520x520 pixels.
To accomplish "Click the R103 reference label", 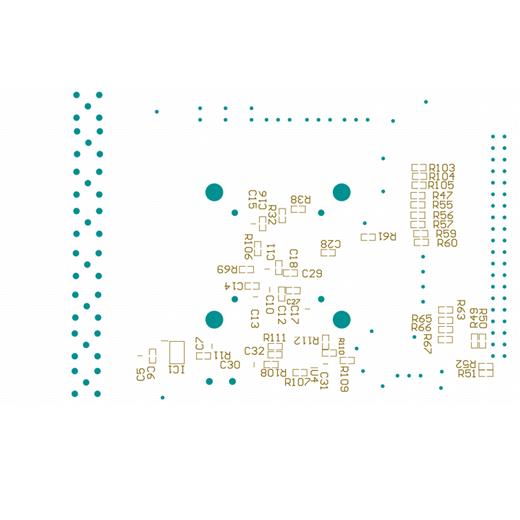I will tap(442, 168).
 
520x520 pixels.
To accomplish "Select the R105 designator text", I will tap(442, 186).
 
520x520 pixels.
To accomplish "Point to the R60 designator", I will tap(447, 243).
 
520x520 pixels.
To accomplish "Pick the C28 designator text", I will tap(331, 244).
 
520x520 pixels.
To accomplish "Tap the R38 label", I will tap(301, 199).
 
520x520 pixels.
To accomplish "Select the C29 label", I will tap(312, 274).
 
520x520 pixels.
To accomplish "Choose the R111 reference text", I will tap(274, 338).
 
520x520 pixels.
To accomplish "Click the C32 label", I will tap(254, 351).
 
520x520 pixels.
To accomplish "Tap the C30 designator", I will tap(230, 365).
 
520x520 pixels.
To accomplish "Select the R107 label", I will tap(297, 382).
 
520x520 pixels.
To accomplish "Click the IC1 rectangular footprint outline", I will tap(177, 351).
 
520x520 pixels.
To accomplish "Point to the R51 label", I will tap(467, 373).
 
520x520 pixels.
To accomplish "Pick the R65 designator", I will tap(422, 319).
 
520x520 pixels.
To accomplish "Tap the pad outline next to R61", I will tap(369, 237).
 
